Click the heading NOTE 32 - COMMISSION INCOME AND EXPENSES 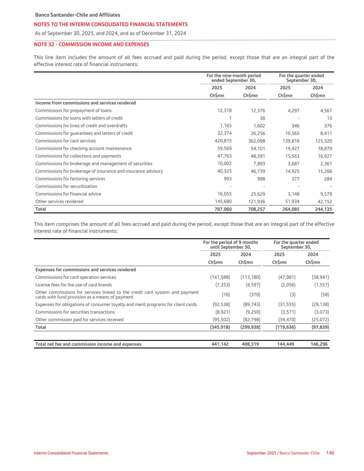tap(91, 45)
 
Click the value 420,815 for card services tap(223, 141)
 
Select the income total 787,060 tap(223, 209)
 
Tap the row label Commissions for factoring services tap(70, 179)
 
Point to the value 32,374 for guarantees tap(224, 133)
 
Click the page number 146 tap(330, 453)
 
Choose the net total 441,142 tap(220, 344)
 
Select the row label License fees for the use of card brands tap(73, 285)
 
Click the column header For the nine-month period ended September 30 tap(234, 78)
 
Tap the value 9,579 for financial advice tap(325, 194)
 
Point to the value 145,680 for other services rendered tap(223, 202)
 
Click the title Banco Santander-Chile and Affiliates tap(78, 15)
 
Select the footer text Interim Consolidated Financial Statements tap(71, 453)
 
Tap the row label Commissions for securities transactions tap(75, 312)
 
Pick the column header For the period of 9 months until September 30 tap(230, 245)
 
